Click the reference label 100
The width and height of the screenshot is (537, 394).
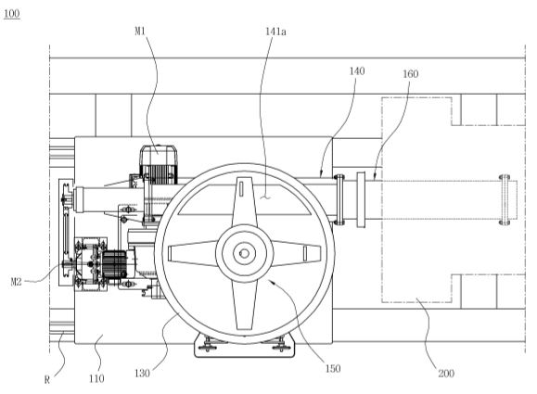coord(12,14)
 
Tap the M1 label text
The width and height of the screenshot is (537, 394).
coord(140,32)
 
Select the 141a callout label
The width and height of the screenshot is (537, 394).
coord(275,32)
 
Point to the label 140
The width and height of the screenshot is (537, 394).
coord(357,71)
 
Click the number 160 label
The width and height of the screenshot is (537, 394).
coord(410,74)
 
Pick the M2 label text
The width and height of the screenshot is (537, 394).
coord(16,282)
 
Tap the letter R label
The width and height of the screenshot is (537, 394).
coord(47,379)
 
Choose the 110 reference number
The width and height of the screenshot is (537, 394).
coord(96,378)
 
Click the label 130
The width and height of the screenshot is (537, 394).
coord(142,373)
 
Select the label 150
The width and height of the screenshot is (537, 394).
coord(333,369)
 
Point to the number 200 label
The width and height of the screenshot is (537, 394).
coord(446,373)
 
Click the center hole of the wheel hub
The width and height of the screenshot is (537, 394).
coord(244,254)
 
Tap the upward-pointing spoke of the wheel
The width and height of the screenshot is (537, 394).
coord(245,202)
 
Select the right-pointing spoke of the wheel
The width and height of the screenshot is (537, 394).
coord(297,253)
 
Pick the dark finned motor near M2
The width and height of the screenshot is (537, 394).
coord(114,264)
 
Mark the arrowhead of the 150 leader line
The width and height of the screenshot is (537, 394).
coord(271,282)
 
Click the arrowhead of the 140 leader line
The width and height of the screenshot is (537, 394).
coord(321,173)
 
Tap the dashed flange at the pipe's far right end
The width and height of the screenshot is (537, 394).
coord(505,200)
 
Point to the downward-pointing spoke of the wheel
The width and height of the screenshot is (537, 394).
coord(244,305)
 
